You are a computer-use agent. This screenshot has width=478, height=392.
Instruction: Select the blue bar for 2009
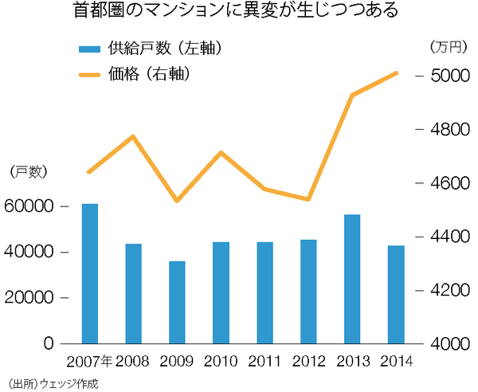[x=177, y=302]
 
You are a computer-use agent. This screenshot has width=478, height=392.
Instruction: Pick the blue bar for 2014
[x=396, y=294]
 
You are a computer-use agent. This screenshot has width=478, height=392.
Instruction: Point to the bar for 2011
[x=264, y=292]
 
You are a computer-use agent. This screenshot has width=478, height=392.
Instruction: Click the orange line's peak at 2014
[x=397, y=73]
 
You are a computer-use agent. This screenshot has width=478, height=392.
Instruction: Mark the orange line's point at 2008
[x=134, y=136]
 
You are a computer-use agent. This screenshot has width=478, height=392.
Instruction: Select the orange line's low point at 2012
[x=308, y=199]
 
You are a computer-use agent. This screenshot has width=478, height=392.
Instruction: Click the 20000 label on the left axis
[x=29, y=298]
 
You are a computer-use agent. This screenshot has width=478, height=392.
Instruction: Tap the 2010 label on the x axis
[x=221, y=363]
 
